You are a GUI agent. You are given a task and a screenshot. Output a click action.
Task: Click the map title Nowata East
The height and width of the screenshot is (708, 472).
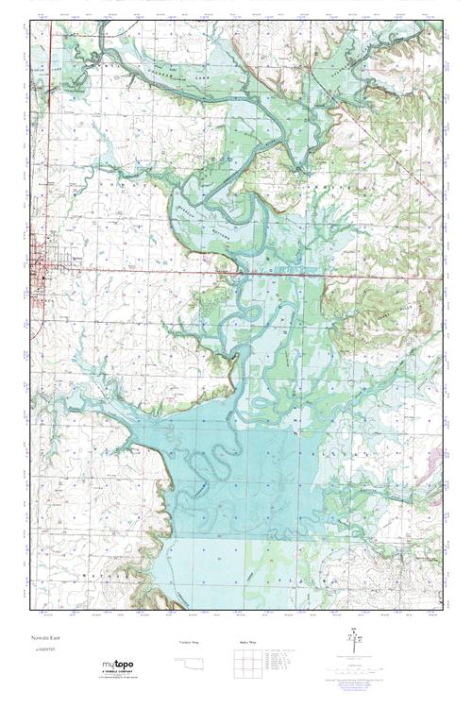coord(43,640)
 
